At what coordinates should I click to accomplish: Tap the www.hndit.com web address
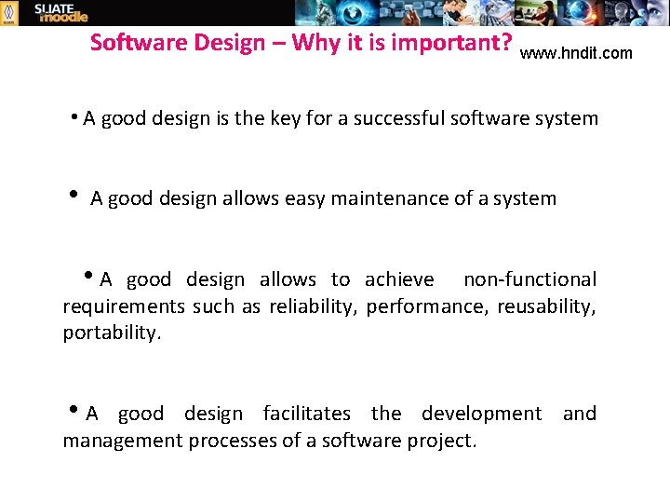[576, 54]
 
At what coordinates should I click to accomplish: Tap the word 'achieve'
[399, 279]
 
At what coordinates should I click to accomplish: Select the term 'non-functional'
[530, 279]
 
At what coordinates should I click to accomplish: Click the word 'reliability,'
[314, 306]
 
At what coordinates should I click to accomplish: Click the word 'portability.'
[112, 333]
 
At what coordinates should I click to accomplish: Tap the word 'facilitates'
[307, 414]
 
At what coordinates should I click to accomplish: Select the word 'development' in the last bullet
[481, 414]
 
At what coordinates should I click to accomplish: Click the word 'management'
[122, 440]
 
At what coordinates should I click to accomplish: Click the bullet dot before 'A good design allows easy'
[74, 196]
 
